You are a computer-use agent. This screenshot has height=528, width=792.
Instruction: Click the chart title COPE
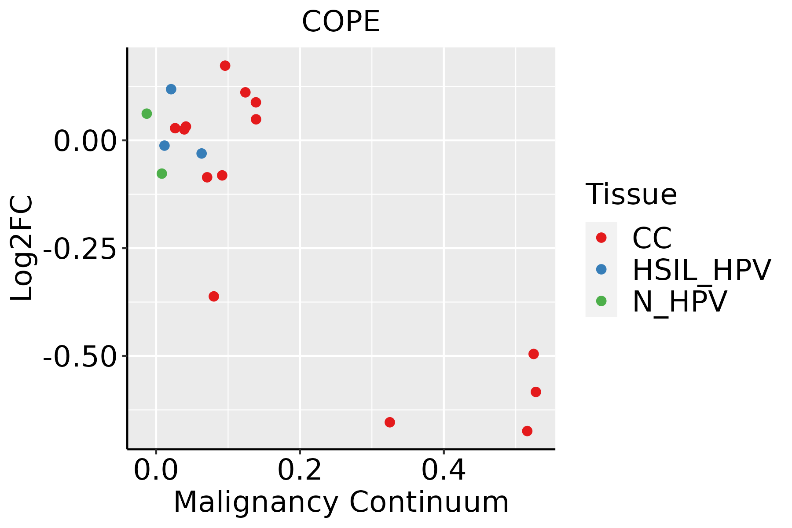coord(341,22)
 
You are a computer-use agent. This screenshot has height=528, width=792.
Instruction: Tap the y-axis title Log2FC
coord(22,248)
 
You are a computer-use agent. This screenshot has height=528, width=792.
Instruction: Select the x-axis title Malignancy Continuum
coord(341,502)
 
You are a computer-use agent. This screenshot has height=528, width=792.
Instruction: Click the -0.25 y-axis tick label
coord(80,249)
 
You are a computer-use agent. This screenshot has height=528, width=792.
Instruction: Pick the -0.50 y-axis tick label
coord(80,356)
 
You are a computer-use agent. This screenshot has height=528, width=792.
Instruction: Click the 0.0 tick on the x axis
coord(156,470)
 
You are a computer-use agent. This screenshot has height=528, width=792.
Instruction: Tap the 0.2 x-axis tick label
coord(300,470)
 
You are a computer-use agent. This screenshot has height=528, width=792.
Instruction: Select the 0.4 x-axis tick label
coord(444,470)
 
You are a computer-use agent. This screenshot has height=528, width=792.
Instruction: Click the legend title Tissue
coord(631,194)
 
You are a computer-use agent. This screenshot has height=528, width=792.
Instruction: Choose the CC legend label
coord(652,238)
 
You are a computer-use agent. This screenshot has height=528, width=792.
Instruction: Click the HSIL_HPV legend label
coord(701,270)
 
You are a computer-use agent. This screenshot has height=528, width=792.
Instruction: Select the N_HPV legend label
coord(679,301)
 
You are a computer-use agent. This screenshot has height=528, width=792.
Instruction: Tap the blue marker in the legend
coord(601,269)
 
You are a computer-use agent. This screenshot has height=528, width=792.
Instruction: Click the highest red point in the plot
coord(225,66)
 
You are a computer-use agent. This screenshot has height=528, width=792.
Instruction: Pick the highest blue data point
coord(171,89)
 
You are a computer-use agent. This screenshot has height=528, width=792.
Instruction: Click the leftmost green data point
coord(147,114)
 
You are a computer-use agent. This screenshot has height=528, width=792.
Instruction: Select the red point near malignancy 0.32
coord(390,422)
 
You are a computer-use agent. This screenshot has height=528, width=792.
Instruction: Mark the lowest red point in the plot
coord(527,431)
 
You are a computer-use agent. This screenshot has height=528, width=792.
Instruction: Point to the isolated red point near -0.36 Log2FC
coord(214,296)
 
